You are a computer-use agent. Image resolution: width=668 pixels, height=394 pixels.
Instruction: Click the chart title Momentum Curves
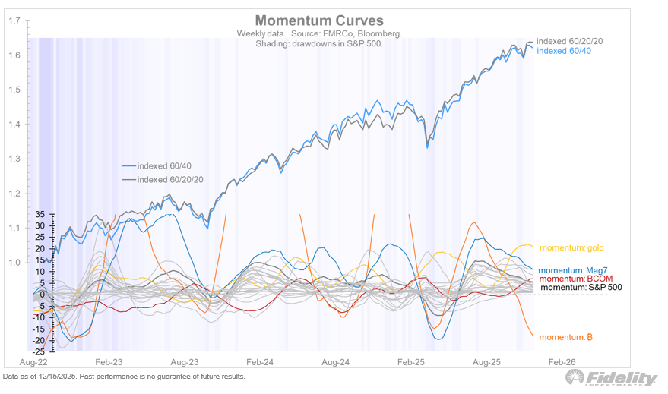319,20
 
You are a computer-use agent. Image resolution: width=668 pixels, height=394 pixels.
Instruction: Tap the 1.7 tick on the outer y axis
14,20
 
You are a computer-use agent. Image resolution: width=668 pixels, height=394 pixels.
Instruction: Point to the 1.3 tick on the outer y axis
14,159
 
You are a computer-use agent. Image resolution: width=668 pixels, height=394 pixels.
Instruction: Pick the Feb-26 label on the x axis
562,364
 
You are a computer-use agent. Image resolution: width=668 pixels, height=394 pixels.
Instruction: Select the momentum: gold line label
571,247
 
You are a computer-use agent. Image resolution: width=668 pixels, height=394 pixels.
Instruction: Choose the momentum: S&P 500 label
581,288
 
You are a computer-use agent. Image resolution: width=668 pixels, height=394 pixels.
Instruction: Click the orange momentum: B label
566,336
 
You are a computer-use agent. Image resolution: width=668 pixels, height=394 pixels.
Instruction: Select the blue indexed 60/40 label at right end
565,51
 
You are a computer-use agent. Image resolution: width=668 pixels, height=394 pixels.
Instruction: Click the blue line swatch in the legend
128,165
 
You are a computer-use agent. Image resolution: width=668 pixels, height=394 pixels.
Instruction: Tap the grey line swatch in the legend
128,180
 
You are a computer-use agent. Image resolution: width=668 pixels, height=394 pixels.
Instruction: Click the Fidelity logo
613,378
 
